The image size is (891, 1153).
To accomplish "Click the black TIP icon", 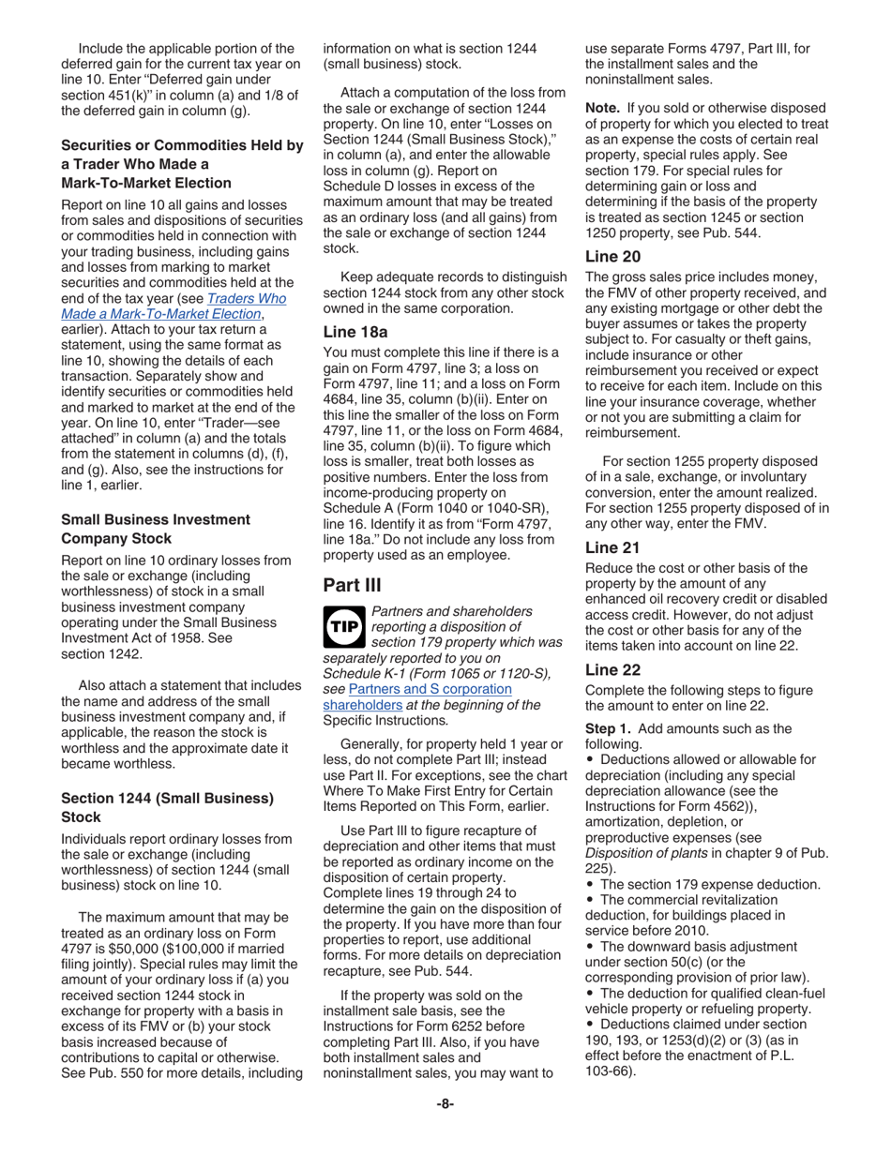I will (344, 629).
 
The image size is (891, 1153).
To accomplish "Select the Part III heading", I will (352, 585).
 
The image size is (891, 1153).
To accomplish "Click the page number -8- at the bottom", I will (445, 1103).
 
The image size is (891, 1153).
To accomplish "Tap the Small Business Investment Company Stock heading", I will (156, 529).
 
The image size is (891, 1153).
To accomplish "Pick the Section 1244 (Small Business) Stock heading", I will (167, 807).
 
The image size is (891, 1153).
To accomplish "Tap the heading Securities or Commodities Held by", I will (182, 145).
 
